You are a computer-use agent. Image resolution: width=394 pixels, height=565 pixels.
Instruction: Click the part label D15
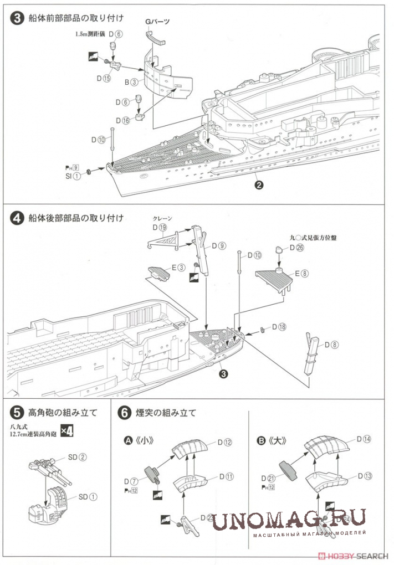pyautogui.click(x=103, y=79)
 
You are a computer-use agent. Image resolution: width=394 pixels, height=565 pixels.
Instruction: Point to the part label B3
pyautogui.click(x=131, y=82)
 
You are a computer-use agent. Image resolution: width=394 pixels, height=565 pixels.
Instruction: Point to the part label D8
pyautogui.click(x=331, y=345)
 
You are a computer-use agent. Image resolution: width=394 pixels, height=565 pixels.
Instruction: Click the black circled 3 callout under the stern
pyautogui.click(x=223, y=374)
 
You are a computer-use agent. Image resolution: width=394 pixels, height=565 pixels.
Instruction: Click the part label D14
pyautogui.click(x=364, y=439)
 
